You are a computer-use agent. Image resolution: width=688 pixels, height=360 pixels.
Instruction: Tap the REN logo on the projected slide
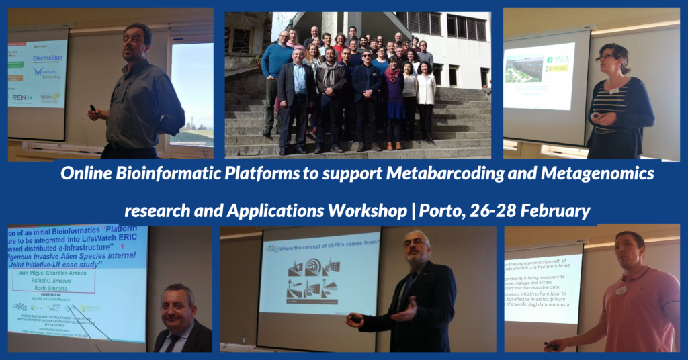click(x=21, y=98)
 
